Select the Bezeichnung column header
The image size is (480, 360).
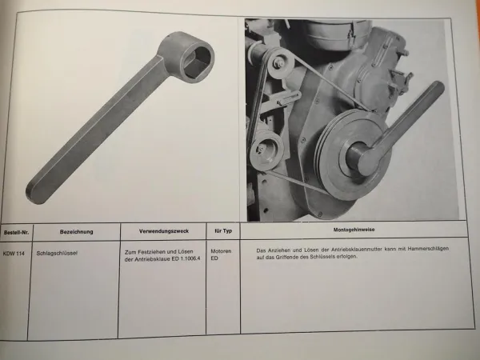click(76, 231)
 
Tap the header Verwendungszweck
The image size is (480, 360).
click(162, 231)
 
